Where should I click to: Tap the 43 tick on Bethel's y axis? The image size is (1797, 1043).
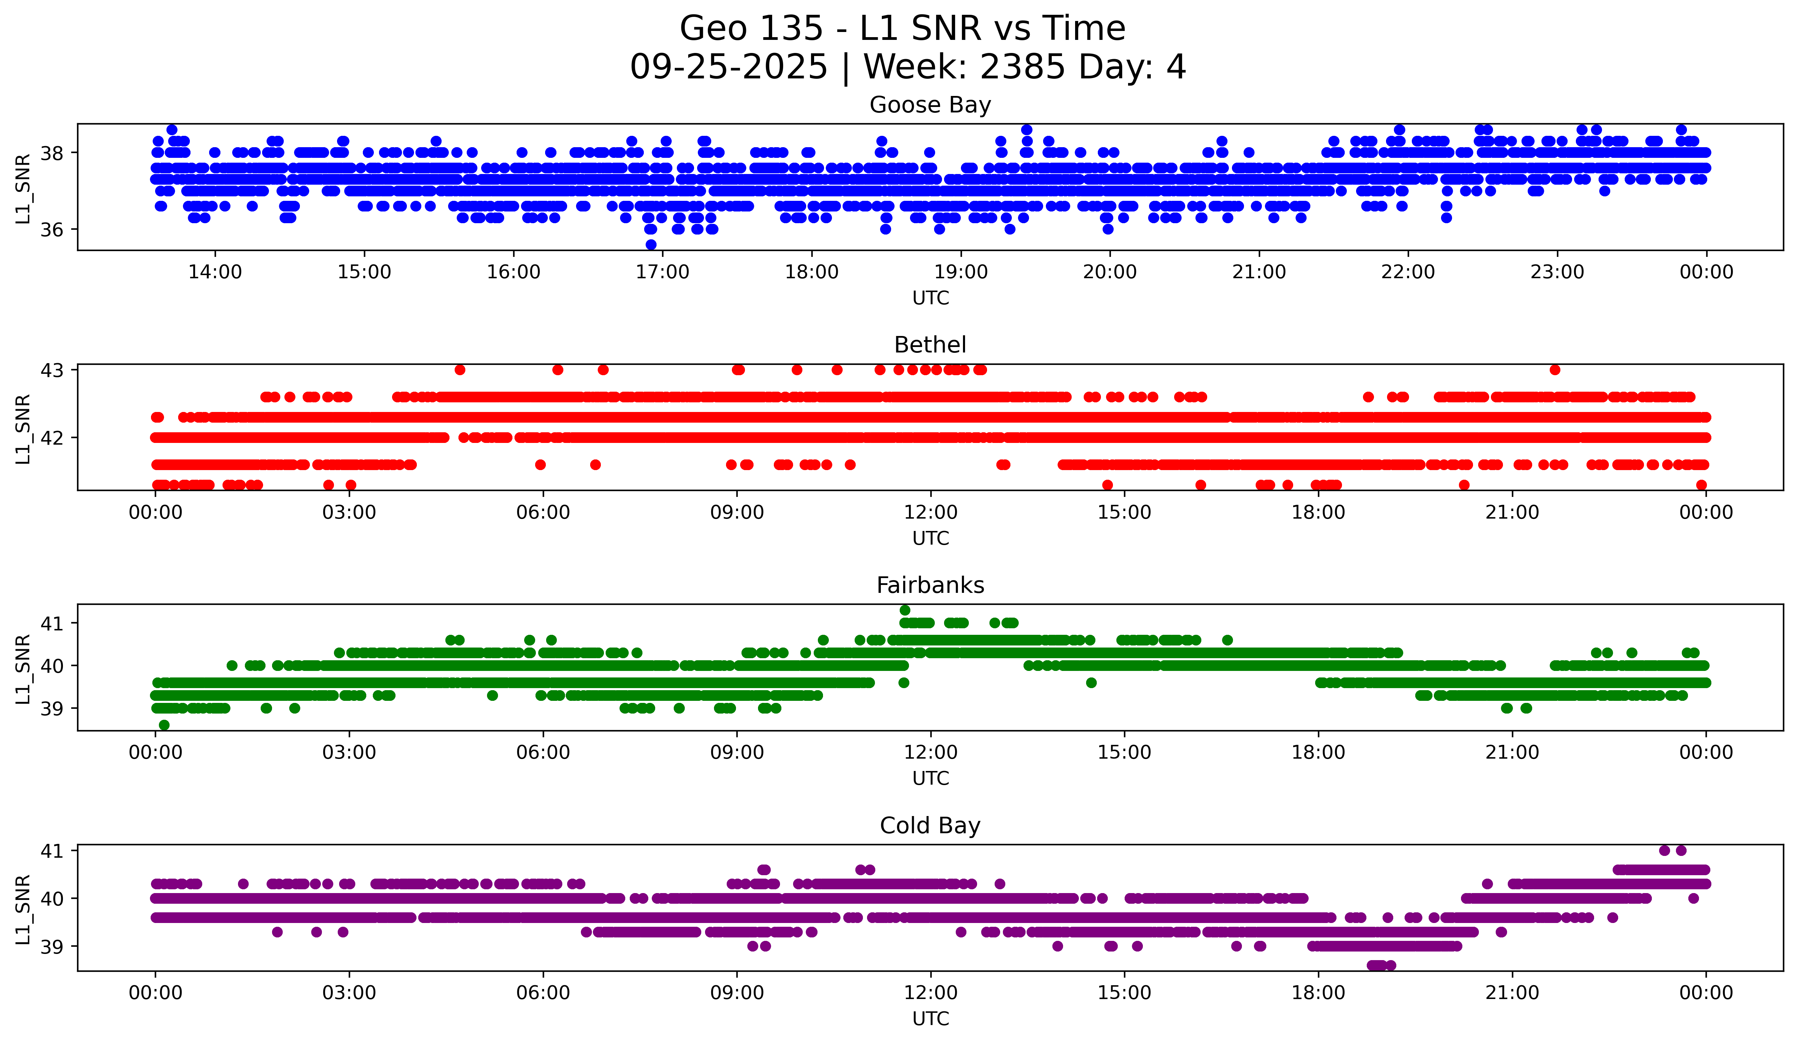52,370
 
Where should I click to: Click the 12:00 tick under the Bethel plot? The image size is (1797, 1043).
931,513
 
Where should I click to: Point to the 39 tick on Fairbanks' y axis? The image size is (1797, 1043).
52,709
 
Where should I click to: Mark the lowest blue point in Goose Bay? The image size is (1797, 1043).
651,245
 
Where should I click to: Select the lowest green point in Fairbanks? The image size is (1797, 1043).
164,725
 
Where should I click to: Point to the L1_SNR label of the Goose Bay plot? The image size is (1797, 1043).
23,188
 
